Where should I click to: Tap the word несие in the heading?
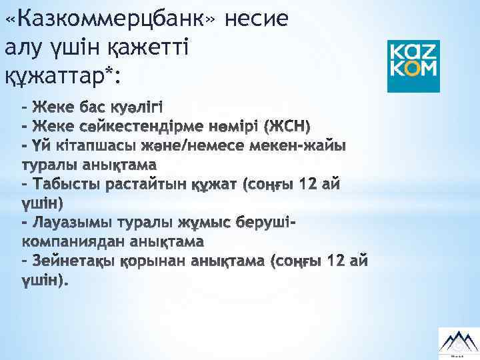(257, 19)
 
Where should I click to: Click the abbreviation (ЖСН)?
(287, 125)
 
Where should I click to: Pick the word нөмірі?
(227, 125)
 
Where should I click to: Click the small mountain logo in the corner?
(457, 340)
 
